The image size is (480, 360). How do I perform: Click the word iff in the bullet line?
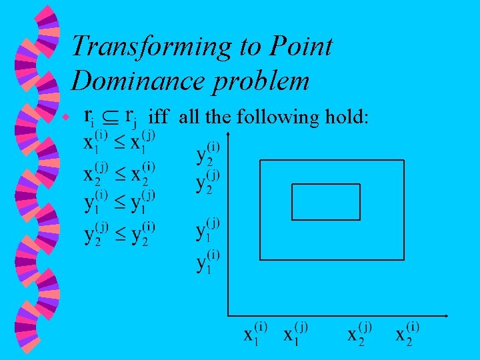click(x=159, y=117)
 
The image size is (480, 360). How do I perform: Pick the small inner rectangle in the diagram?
click(x=326, y=201)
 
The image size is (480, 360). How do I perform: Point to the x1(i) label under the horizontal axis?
click(x=255, y=333)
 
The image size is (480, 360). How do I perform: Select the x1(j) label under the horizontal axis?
click(x=295, y=333)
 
